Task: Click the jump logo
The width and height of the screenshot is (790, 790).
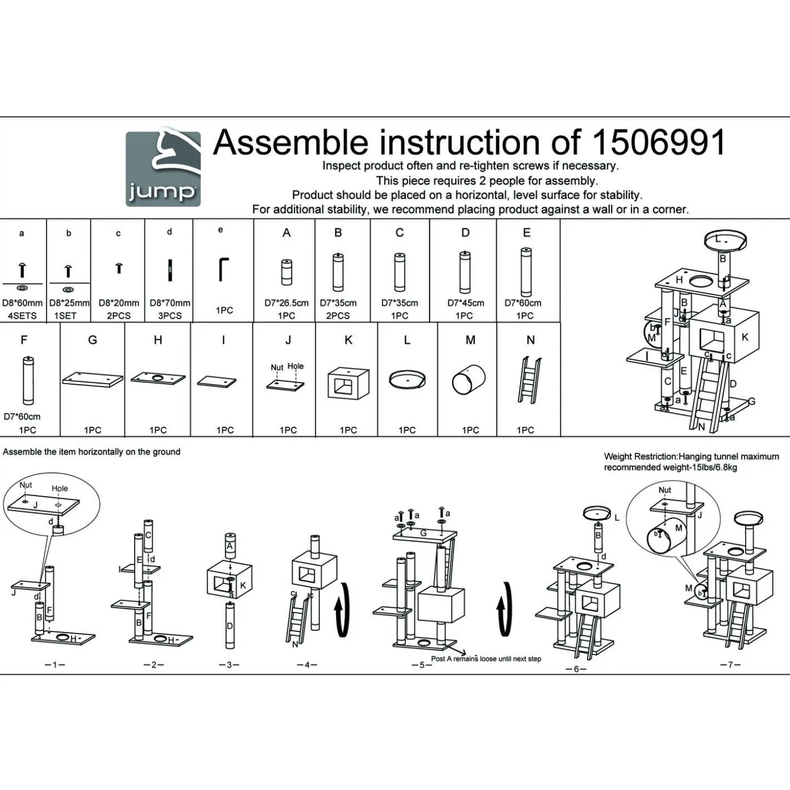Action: [163, 169]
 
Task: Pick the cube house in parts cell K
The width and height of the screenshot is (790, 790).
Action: [348, 384]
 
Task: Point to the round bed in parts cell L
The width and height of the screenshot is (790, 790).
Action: [407, 379]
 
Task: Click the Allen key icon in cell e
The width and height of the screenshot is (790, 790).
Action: [223, 269]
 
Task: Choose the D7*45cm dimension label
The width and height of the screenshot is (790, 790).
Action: [465, 303]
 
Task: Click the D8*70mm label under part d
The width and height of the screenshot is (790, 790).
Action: [170, 303]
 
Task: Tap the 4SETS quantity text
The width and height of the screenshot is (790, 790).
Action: [22, 315]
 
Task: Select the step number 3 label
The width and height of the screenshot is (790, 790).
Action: [229, 664]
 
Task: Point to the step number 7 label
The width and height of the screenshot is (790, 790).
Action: [730, 664]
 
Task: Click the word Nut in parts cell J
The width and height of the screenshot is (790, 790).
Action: [277, 367]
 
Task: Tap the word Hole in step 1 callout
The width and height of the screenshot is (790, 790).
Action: [60, 488]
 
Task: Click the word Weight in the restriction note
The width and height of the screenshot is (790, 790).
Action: [617, 457]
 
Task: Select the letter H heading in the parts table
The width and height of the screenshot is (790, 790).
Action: [158, 340]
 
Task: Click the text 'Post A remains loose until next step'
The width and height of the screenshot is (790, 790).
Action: [486, 659]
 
